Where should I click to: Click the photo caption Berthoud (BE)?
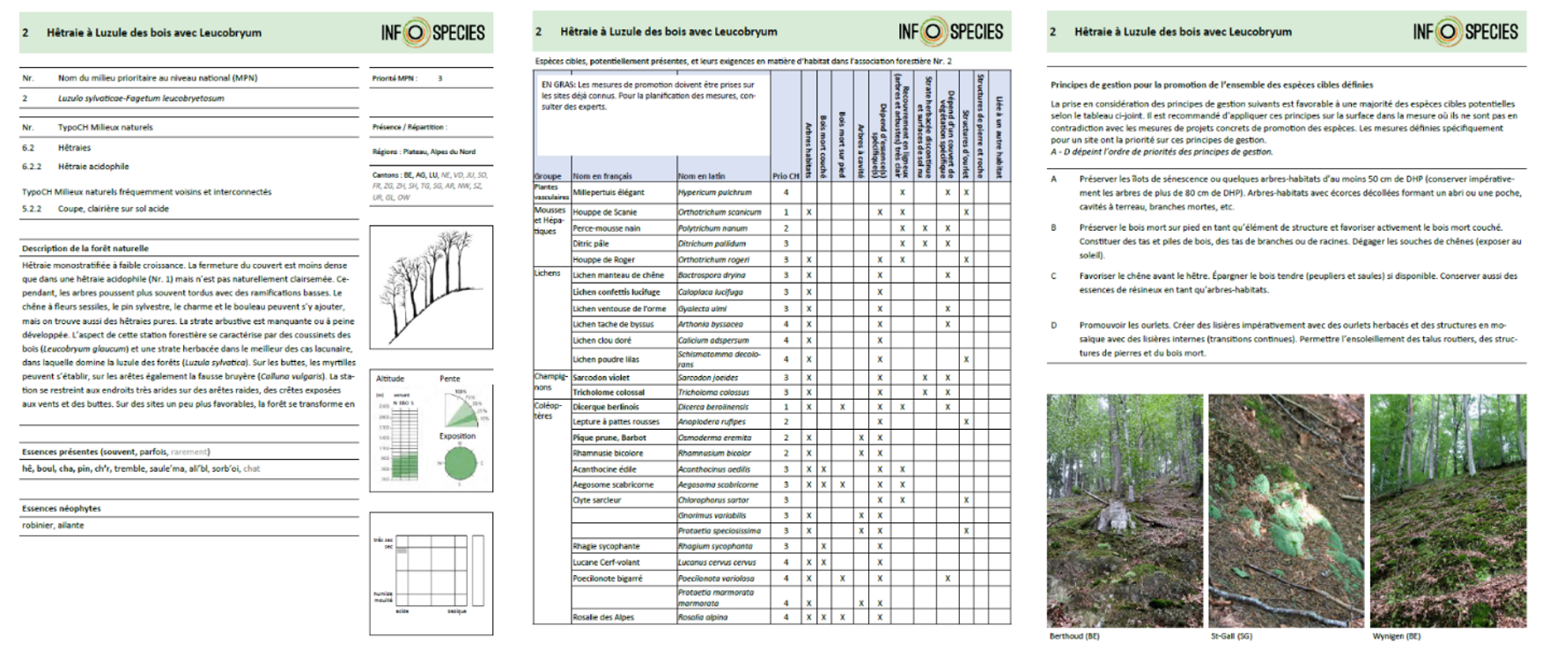point(1073,636)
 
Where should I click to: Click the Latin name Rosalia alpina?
point(703,617)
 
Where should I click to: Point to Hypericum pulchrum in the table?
point(714,192)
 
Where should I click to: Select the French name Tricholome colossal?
point(609,392)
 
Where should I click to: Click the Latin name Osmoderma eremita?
point(714,438)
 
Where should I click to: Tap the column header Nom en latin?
point(701,176)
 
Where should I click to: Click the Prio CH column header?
point(786,176)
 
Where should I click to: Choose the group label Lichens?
point(547,273)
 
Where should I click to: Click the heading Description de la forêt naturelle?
point(85,248)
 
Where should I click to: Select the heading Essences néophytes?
point(62,508)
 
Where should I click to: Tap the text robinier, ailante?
point(53,525)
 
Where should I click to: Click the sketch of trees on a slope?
point(431,287)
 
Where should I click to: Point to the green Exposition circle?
point(460,462)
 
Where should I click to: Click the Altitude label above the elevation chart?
point(390,379)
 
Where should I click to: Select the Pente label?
point(449,379)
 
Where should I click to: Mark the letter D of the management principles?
point(1053,325)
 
